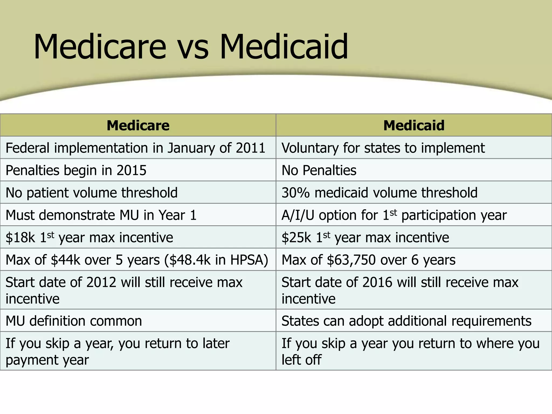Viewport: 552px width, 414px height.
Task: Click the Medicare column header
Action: (x=138, y=125)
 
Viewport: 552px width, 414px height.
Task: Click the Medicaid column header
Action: (x=414, y=125)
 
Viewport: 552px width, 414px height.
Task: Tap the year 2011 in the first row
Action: (x=250, y=148)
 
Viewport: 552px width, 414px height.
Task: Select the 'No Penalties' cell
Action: (x=319, y=170)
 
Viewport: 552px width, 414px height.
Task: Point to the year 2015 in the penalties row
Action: (x=132, y=170)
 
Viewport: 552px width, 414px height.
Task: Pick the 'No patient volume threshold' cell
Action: (x=92, y=193)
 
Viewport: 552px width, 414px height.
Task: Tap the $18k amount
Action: (x=20, y=237)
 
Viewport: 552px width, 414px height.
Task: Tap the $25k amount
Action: (x=296, y=237)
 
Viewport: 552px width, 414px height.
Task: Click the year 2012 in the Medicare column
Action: (x=101, y=282)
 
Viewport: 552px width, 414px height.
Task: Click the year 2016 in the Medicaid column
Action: (x=377, y=282)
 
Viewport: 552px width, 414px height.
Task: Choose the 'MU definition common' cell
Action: (x=74, y=321)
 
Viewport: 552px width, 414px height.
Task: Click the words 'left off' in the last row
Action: (x=301, y=360)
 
